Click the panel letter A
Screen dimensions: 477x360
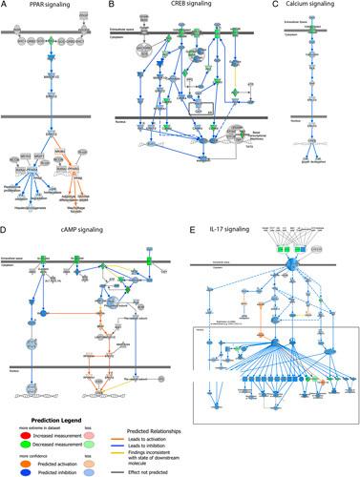(5, 6)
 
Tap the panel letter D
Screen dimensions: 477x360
(5, 229)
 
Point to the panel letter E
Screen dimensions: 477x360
(196, 229)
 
